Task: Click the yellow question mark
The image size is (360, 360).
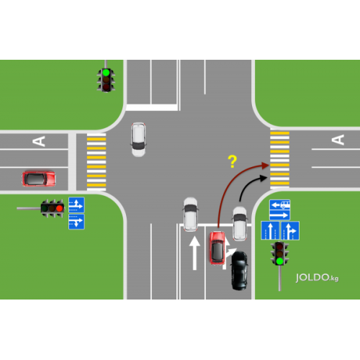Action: pos(233,161)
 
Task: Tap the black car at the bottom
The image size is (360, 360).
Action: pos(239,270)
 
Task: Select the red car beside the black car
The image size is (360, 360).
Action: pos(217,248)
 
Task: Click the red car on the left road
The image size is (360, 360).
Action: pos(39,179)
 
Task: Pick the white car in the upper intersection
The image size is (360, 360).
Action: pos(138,140)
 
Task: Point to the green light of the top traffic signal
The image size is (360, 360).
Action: pos(106,72)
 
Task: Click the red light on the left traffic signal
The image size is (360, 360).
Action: pos(60,208)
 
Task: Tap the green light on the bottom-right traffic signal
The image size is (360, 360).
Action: pos(279,261)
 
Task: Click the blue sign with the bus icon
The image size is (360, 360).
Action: pos(279,204)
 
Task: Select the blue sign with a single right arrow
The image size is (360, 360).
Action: pos(279,215)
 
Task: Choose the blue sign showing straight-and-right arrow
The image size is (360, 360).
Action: pos(290,230)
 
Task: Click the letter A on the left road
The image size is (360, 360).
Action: pos(39,141)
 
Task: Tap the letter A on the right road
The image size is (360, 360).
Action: pos(338,140)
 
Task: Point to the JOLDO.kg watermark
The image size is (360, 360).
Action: pos(317,278)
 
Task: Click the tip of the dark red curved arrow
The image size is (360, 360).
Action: pos(269,165)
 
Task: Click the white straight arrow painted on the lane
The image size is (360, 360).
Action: pos(194,253)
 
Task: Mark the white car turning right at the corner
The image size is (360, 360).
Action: pos(240,223)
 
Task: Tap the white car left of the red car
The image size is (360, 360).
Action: pos(191,215)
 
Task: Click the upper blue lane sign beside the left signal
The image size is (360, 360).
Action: pos(76,205)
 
